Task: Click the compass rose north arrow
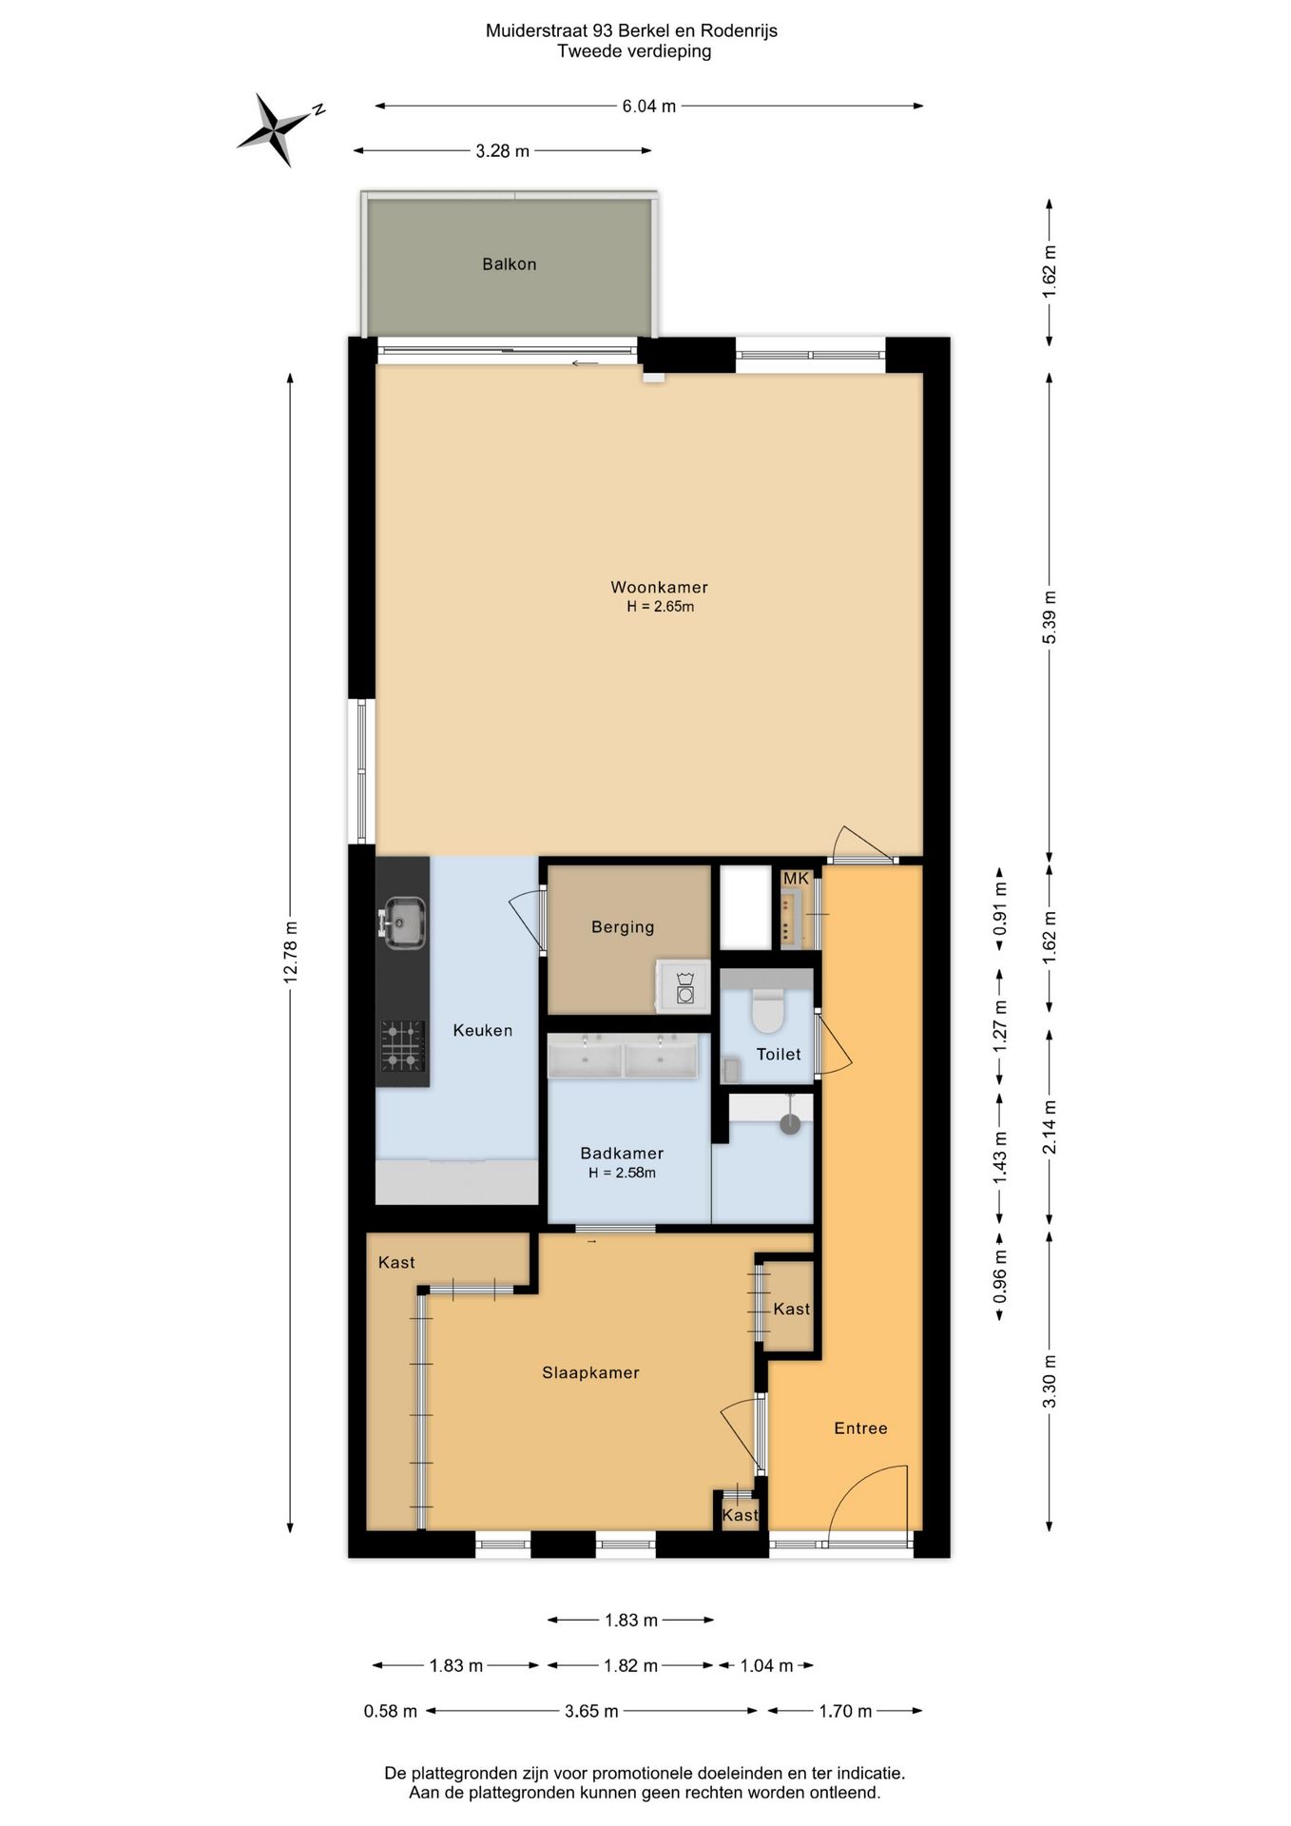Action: [277, 129]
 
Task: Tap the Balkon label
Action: [510, 264]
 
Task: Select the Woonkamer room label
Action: [659, 588]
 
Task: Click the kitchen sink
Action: [405, 922]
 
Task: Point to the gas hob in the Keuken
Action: [402, 1045]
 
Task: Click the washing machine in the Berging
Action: [684, 986]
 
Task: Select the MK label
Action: [796, 879]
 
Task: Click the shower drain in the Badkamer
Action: [790, 1124]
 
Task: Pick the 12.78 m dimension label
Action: [291, 953]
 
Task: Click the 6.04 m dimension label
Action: [649, 107]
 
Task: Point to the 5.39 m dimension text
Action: [1050, 618]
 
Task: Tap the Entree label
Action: [861, 1428]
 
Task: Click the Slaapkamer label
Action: [590, 1373]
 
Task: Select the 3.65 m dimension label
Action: [591, 1712]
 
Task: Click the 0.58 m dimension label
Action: [391, 1712]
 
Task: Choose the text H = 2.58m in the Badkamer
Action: [622, 1173]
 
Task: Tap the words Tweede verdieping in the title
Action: [634, 51]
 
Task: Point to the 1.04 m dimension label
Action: [766, 1666]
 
